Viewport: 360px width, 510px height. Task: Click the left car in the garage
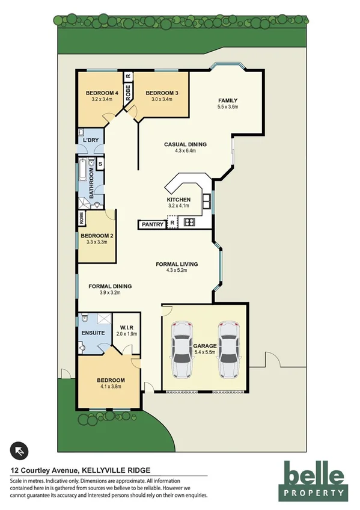(x=182, y=349)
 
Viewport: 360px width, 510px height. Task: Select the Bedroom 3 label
(x=162, y=93)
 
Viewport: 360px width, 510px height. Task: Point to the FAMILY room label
(x=228, y=100)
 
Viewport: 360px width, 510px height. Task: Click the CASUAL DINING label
(x=186, y=144)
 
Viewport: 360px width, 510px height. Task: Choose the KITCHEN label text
(x=178, y=200)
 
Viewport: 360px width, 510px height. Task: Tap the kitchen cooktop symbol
(x=189, y=223)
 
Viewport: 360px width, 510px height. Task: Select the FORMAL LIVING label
(x=177, y=264)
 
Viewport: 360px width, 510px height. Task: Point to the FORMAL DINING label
(x=109, y=286)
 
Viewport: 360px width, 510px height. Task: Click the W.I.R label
(x=127, y=327)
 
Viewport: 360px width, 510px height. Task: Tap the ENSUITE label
(x=94, y=333)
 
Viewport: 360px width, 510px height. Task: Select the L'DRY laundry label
(x=90, y=140)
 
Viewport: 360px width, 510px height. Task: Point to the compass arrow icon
(x=20, y=450)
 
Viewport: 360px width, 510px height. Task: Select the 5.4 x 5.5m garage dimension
(x=204, y=353)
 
